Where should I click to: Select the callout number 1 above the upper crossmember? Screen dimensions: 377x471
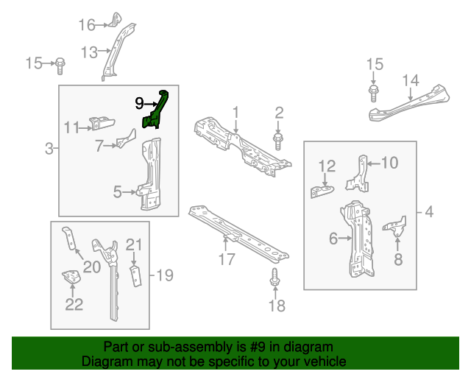pos(236,112)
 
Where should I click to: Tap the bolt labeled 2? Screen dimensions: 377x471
pos(279,138)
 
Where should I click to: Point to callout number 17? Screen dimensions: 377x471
pos(226,258)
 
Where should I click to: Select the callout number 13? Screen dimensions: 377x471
pos(89,52)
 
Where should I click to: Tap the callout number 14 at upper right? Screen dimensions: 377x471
pos(410,80)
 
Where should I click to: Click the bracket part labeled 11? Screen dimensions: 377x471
pos(99,124)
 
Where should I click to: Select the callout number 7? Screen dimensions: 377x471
pos(99,146)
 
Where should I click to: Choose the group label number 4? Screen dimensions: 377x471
pos(428,214)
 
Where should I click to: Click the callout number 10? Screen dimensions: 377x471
pos(389,163)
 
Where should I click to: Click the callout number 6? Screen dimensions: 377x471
pos(333,238)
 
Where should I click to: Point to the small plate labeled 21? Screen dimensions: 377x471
pos(134,275)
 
